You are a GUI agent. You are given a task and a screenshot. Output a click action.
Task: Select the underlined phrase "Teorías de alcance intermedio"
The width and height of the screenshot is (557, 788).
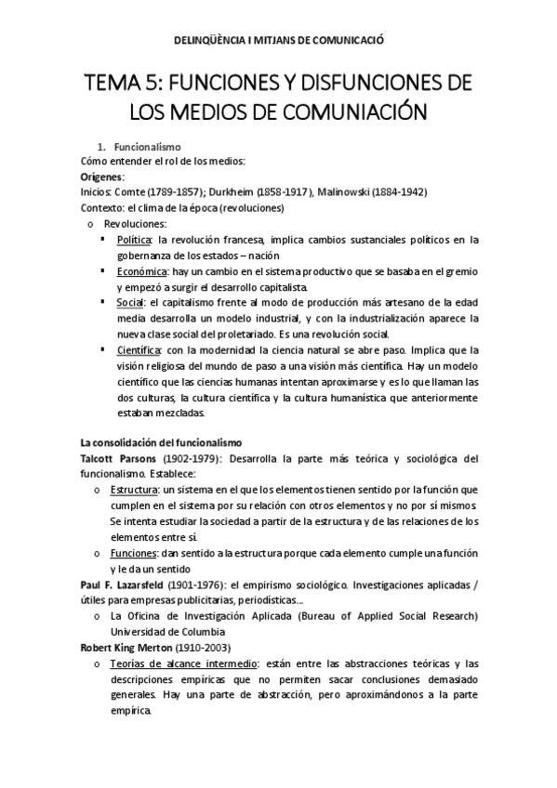point(181,663)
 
